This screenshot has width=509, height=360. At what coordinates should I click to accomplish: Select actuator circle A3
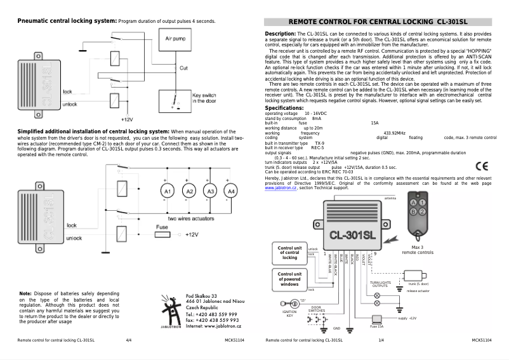point(209,191)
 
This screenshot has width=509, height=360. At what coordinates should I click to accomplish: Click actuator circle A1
point(167,191)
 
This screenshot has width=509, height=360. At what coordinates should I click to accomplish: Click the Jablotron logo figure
point(171,311)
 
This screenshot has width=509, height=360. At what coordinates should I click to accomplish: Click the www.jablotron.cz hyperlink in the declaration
point(281,189)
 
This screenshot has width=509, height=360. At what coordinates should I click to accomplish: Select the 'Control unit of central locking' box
point(289,252)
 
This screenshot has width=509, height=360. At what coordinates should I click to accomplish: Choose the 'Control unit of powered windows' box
point(289,278)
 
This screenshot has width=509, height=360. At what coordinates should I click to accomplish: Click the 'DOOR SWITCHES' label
point(316,309)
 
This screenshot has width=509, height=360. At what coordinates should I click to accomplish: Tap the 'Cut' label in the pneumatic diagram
point(183,67)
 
